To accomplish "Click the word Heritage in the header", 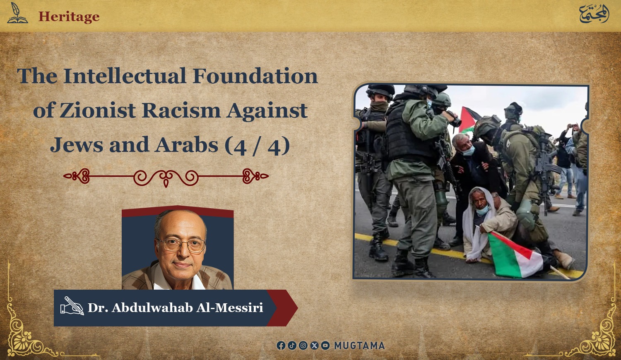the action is pos(69,17).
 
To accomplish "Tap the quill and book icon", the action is pos(17,13).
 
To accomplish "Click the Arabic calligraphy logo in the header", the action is pos(594,14).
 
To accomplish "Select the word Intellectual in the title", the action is pos(125,76).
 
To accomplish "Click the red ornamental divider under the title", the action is pos(166,177).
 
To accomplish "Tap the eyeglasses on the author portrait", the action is pos(181,245).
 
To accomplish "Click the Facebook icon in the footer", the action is pos(281,346).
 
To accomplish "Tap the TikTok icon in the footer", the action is pos(292,346).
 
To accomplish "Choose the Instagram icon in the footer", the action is pos(303,346).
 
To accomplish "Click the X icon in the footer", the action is pos(314,346).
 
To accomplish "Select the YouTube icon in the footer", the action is pos(325,346).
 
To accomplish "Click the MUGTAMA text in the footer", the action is pos(360,346).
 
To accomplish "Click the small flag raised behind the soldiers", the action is pos(469,120).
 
